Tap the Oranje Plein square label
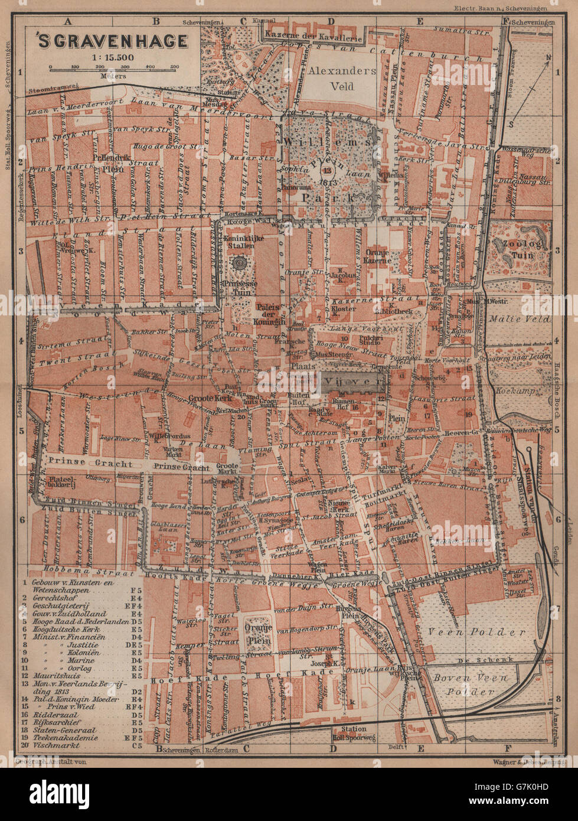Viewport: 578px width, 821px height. (x=257, y=635)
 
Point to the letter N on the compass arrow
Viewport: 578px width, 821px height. (x=547, y=58)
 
